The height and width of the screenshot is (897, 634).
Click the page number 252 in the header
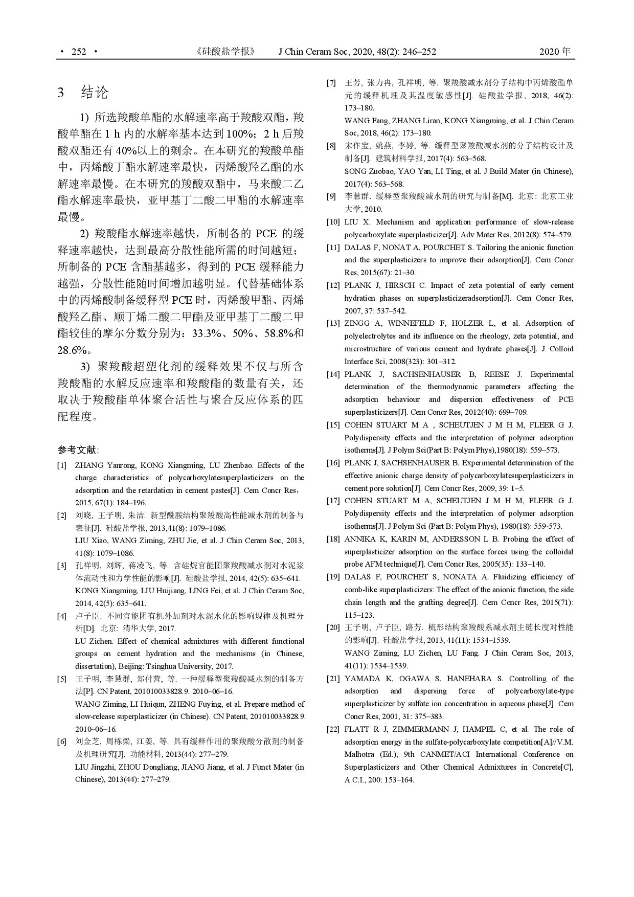point(79,52)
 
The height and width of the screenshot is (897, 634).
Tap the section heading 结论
point(95,93)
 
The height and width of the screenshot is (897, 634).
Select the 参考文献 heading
point(77,450)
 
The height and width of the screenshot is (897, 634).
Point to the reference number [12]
point(333,285)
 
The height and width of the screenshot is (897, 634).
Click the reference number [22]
point(333,729)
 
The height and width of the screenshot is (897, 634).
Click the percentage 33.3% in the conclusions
point(205,333)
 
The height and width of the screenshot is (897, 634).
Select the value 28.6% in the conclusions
point(72,350)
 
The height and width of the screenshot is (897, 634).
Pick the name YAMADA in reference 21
point(361,679)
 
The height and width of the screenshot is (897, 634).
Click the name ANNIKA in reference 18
point(360,539)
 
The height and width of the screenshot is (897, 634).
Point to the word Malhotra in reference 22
point(360,754)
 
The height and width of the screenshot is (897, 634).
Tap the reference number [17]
point(333,501)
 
